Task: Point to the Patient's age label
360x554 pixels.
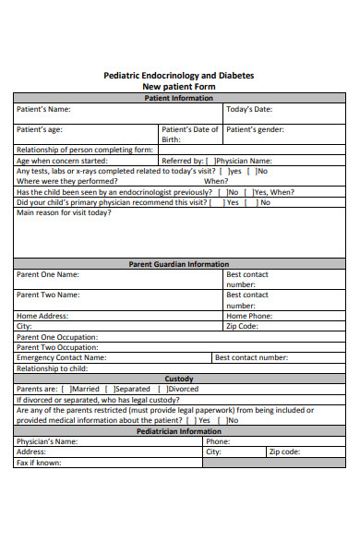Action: [x=40, y=129]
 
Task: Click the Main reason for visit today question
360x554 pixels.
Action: [x=64, y=212]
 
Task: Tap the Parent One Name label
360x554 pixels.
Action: [x=48, y=274]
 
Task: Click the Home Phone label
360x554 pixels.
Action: [x=249, y=316]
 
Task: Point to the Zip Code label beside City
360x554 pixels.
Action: [x=242, y=326]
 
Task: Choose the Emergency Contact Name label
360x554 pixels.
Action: [x=62, y=357]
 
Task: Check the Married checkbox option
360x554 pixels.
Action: [x=65, y=389]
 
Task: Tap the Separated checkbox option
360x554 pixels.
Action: [x=110, y=389]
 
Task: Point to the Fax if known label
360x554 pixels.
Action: [x=40, y=463]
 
